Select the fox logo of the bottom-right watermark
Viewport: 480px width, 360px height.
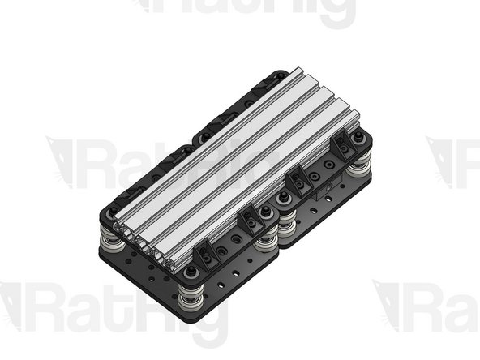tap(392, 305)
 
